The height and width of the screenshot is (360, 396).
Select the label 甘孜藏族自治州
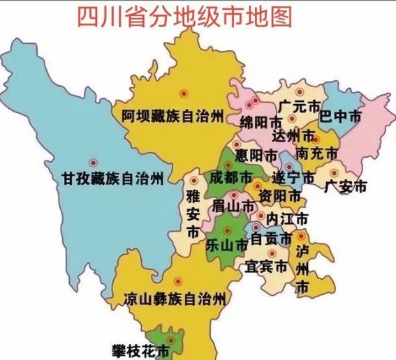click(112, 179)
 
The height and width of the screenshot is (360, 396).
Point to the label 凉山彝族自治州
click(174, 299)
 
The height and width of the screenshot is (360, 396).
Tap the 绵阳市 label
click(258, 123)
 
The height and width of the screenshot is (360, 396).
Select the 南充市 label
click(317, 152)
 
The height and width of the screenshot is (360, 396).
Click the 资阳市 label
click(277, 195)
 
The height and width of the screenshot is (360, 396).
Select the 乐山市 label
click(228, 246)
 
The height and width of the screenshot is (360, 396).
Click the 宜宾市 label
click(266, 267)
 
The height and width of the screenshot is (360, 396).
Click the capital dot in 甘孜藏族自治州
click(92, 162)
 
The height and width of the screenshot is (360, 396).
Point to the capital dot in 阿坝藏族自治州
click(184, 92)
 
